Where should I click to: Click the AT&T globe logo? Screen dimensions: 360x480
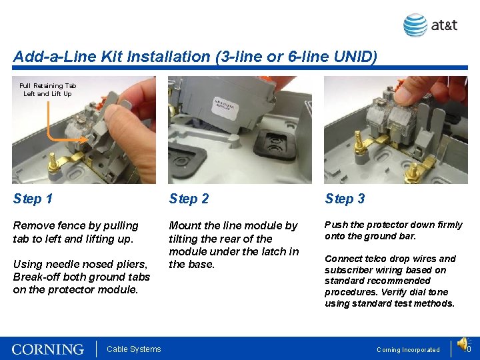pyautogui.click(x=415, y=25)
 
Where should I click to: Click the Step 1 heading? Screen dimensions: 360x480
pyautogui.click(x=33, y=199)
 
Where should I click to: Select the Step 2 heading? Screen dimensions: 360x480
pyautogui.click(x=189, y=199)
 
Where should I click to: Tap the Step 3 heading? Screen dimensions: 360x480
pyautogui.click(x=345, y=199)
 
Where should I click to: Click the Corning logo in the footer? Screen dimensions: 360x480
pyautogui.click(x=48, y=349)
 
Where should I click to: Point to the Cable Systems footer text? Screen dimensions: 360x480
pyautogui.click(x=134, y=349)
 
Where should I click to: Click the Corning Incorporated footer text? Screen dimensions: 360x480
pyautogui.click(x=408, y=350)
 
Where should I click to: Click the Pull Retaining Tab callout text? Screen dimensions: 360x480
pyautogui.click(x=47, y=89)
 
